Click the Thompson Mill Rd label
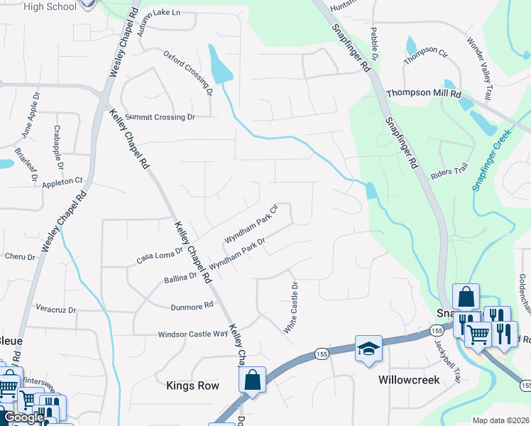point(424,94)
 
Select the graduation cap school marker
point(368,349)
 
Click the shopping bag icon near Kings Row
point(253,379)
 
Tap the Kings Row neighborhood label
point(192,386)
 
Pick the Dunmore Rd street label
point(192,307)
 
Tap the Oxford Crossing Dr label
point(188,72)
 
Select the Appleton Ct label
point(62,182)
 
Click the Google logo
point(23,417)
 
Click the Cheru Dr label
point(19,256)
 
